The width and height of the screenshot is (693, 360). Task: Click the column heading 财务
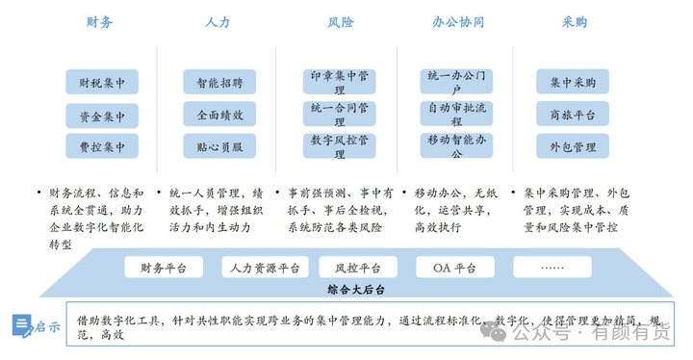click(x=101, y=21)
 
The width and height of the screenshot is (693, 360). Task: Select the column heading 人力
click(x=218, y=21)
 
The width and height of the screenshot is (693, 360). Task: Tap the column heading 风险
click(x=341, y=21)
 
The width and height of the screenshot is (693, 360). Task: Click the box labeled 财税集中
click(x=102, y=83)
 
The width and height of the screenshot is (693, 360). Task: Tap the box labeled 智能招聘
click(x=219, y=83)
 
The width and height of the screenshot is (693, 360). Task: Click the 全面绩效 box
click(x=219, y=114)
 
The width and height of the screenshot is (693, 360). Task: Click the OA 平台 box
click(x=453, y=268)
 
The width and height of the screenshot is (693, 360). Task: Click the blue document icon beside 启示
click(x=22, y=326)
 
